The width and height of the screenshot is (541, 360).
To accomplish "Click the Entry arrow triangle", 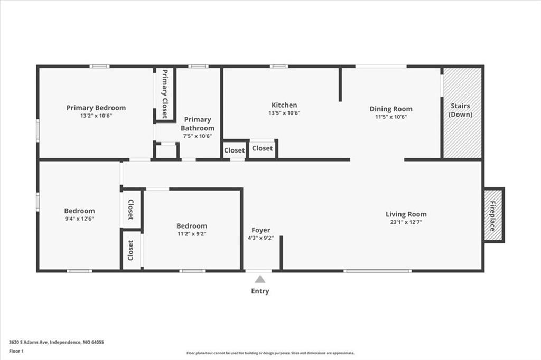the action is [260, 279].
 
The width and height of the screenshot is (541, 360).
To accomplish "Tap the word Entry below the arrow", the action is [260, 291].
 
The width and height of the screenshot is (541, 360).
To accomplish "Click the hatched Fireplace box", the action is [493, 215].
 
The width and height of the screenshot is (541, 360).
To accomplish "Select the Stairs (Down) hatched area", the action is [462, 113].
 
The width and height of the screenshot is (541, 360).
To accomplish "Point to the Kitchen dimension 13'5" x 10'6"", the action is [284, 113].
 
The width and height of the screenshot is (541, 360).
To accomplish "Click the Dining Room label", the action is [391, 109].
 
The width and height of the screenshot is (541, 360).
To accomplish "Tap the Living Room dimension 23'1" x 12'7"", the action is [406, 222].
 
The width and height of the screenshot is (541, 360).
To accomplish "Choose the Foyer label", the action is [261, 230].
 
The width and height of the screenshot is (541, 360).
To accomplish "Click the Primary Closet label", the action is [165, 94].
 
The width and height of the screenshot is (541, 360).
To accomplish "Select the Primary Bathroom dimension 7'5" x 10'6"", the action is [198, 136].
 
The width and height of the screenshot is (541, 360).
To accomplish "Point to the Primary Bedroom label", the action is [96, 108].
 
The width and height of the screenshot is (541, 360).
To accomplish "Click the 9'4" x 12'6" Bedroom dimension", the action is [79, 219].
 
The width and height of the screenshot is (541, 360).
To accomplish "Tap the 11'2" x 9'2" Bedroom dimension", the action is [192, 234].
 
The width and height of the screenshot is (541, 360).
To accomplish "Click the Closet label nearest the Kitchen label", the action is [262, 148].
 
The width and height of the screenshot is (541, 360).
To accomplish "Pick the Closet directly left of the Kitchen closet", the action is [234, 150].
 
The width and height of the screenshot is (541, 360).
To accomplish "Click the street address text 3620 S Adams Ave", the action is [29, 343].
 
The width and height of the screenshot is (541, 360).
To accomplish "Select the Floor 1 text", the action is [16, 352].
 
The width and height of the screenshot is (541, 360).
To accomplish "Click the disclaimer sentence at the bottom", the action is [270, 353].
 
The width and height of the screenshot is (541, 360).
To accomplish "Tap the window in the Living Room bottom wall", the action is [377, 271].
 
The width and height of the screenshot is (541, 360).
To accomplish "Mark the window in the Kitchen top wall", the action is [279, 66].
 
